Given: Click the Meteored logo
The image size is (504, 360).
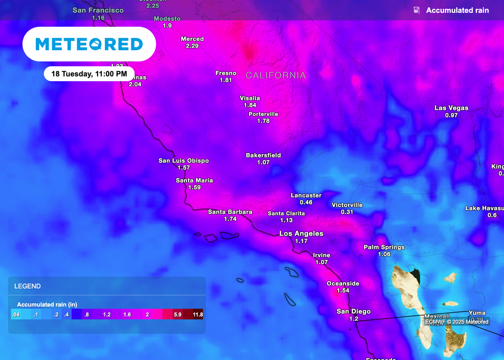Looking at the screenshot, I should tap(89, 44).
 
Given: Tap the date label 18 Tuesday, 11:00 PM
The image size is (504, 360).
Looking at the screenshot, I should tap(89, 74).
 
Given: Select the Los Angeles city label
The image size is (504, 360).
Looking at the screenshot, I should tap(301, 233).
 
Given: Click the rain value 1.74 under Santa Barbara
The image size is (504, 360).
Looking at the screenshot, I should tap(230, 219).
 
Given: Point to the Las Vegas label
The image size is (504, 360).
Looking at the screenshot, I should tap(451, 108).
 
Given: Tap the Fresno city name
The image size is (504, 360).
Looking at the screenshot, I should tap(226, 73).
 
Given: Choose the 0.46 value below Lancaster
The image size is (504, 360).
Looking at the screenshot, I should tap(306, 202).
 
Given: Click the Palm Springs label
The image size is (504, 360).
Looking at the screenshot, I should tap(384, 247).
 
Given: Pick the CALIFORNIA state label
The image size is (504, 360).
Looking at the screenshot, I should tap(276, 75).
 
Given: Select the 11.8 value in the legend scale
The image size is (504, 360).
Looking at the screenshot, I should tap(198, 314).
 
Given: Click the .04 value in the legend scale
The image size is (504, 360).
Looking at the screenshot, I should tap(16, 314).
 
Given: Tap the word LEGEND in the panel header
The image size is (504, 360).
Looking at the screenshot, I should tap(28, 286).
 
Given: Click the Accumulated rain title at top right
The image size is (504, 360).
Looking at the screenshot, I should tap(457, 10).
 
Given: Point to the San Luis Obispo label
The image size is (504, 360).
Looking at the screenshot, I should tap(184, 160).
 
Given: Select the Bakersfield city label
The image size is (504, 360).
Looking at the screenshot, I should tap(263, 155).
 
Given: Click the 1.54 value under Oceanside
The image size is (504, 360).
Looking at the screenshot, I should tap(343, 291).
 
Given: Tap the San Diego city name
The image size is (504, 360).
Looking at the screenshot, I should tap(353, 311).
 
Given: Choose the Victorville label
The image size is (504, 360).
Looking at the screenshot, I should tap(347, 205).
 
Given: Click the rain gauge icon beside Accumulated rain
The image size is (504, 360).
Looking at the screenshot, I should tap(416, 10).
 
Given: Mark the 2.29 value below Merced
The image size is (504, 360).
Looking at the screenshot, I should tap(192, 46).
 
